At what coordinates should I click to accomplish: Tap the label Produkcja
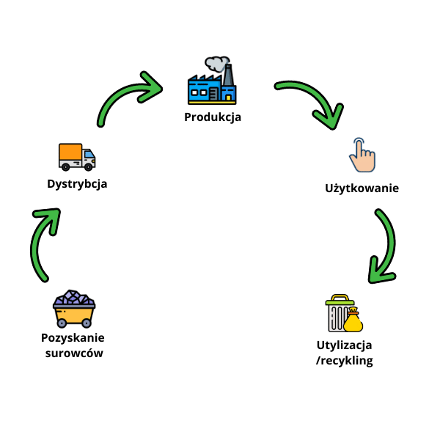click(213, 117)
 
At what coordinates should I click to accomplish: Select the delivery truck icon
click(77, 156)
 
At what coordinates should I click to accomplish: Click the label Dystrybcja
click(77, 183)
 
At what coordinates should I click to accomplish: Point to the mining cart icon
click(73, 309)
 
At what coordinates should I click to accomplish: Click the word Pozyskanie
click(73, 338)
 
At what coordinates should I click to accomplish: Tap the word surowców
click(73, 353)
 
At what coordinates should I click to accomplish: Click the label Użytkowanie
click(362, 188)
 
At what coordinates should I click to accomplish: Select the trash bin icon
click(339, 315)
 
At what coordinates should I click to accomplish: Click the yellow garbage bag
click(354, 320)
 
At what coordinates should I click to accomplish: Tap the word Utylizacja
click(345, 345)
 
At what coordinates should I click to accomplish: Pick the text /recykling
click(345, 360)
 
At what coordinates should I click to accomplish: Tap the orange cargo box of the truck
click(70, 152)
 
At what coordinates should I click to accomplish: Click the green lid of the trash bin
click(340, 299)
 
